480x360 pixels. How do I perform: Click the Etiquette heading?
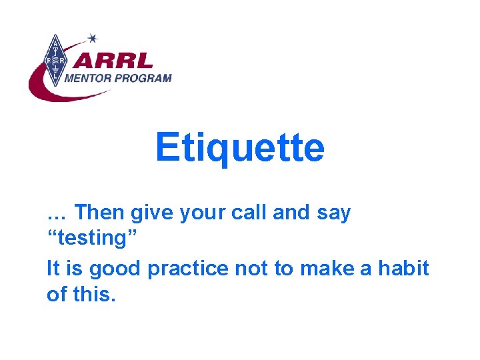tap(239, 148)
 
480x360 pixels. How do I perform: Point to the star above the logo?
tap(92, 38)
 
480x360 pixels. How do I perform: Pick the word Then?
tap(99, 213)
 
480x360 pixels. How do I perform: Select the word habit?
tap(403, 269)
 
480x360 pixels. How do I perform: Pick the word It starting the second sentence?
tap(53, 269)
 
